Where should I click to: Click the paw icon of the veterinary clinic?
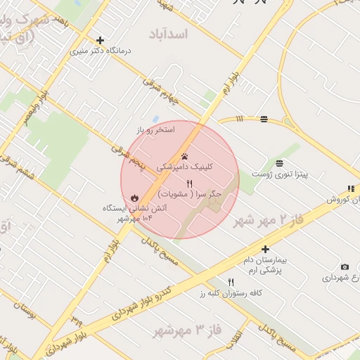[x=184, y=157]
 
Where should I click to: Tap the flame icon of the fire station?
[x=134, y=198]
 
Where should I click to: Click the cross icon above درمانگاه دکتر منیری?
[x=100, y=40]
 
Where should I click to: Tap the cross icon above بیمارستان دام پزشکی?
[x=265, y=249]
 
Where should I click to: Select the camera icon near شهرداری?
[x=345, y=266]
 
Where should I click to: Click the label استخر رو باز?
[x=156, y=130]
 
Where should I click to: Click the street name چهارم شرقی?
[x=162, y=92]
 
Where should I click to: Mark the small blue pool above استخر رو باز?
[x=155, y=119]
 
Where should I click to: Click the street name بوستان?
[x=23, y=309]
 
